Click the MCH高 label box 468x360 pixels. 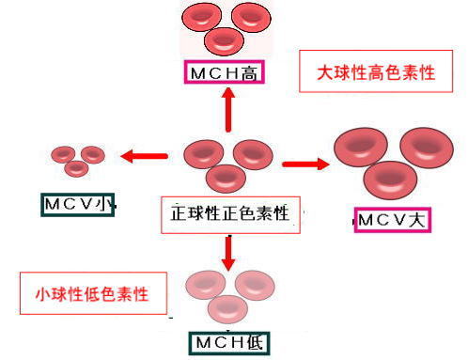pos(225,72)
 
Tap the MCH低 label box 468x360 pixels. pos(229,343)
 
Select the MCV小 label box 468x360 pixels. pos(78,205)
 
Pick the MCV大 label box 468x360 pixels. pos(393,220)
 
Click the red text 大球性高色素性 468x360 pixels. pos(376,72)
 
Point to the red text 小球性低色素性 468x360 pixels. pos(92,294)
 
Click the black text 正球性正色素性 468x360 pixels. pos(229,213)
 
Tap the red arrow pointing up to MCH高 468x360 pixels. pos(228,109)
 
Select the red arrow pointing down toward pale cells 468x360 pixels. pos(228,253)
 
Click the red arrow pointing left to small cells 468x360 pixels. pos(144,156)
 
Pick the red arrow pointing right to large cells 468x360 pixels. pos(305,164)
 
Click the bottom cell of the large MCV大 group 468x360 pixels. pos(390,180)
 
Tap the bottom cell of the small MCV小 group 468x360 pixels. pos(76,168)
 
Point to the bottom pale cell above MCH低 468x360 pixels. pos(227,309)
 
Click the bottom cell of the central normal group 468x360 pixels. pos(226,179)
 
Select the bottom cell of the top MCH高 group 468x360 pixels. pos(224,41)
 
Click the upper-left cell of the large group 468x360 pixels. pos(361,147)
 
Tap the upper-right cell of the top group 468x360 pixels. pos(251,17)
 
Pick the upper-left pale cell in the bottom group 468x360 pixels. pos(206,285)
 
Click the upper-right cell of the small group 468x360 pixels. pos(93,155)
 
